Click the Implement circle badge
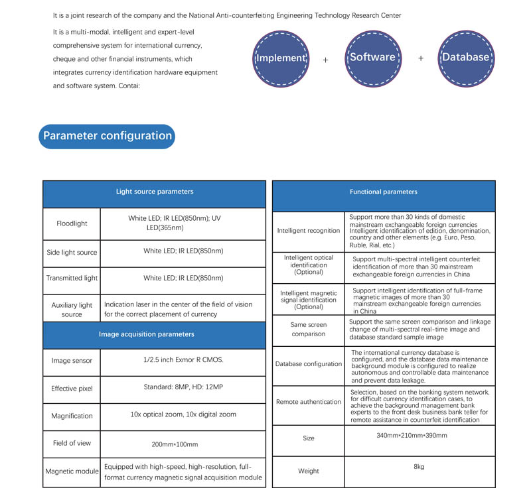(x=281, y=58)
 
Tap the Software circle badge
(x=373, y=58)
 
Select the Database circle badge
(x=465, y=58)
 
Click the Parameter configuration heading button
(x=108, y=136)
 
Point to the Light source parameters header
(x=155, y=192)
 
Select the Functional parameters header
(x=384, y=192)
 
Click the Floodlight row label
(x=72, y=223)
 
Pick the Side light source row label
(x=72, y=253)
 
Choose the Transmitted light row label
(x=72, y=279)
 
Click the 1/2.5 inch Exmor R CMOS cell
(x=183, y=361)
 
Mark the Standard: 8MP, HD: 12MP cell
(x=183, y=387)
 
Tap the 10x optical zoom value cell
(x=183, y=414)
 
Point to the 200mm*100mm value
(x=183, y=443)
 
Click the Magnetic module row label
(x=72, y=472)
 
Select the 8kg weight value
(x=419, y=467)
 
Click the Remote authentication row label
(x=308, y=402)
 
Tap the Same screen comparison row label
(x=308, y=330)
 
